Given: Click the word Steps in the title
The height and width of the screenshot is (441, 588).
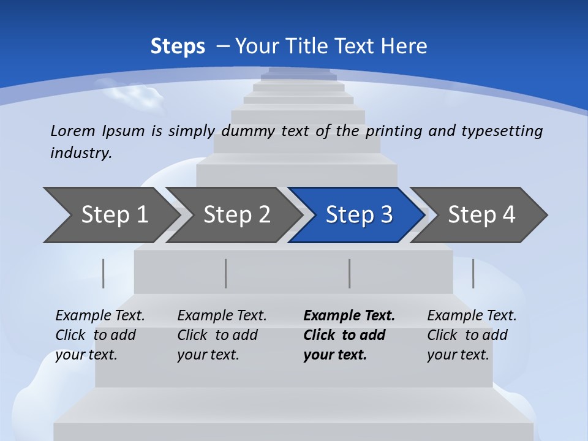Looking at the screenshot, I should pos(178,47).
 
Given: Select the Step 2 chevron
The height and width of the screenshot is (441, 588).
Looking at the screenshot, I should pos(236,215).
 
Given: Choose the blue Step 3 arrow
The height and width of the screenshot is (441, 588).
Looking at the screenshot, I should pos(359,215).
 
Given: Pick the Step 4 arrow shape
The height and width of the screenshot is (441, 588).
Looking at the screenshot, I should pos(481,215).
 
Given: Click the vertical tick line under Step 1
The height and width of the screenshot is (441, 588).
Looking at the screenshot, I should pos(104,273).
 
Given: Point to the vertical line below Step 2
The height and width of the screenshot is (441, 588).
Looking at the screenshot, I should pos(226,273).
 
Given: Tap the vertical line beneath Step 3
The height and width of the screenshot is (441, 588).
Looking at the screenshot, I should pos(350,273).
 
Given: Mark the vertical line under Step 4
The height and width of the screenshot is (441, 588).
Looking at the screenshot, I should pos(473,273).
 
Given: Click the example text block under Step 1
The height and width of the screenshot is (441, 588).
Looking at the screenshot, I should pos(100,335).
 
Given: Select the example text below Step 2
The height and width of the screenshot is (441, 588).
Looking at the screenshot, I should pos(222,335).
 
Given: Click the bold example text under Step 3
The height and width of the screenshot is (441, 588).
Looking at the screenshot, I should pos(349,335).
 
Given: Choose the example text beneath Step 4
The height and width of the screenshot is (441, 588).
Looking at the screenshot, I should pos(471,335).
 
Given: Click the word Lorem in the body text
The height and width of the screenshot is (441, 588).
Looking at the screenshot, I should pos(72,130).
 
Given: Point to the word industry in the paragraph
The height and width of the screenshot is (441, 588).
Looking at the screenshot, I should pos(80,153).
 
